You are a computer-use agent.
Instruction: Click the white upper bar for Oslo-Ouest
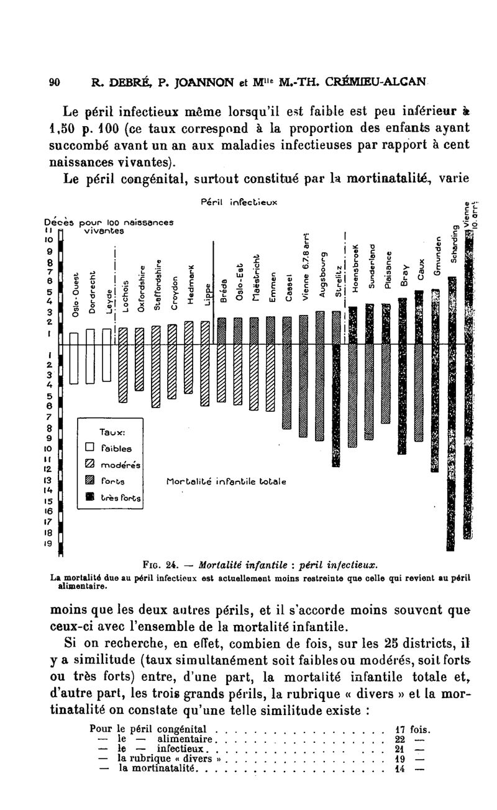pyautogui.click(x=74, y=337)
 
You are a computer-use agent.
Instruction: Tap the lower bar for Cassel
pyautogui.click(x=286, y=386)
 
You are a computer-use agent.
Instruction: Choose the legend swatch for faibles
pyautogui.click(x=89, y=448)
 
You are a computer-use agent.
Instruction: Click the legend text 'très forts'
pyautogui.click(x=123, y=498)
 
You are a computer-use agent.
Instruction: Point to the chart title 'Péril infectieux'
pyautogui.click(x=239, y=202)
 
